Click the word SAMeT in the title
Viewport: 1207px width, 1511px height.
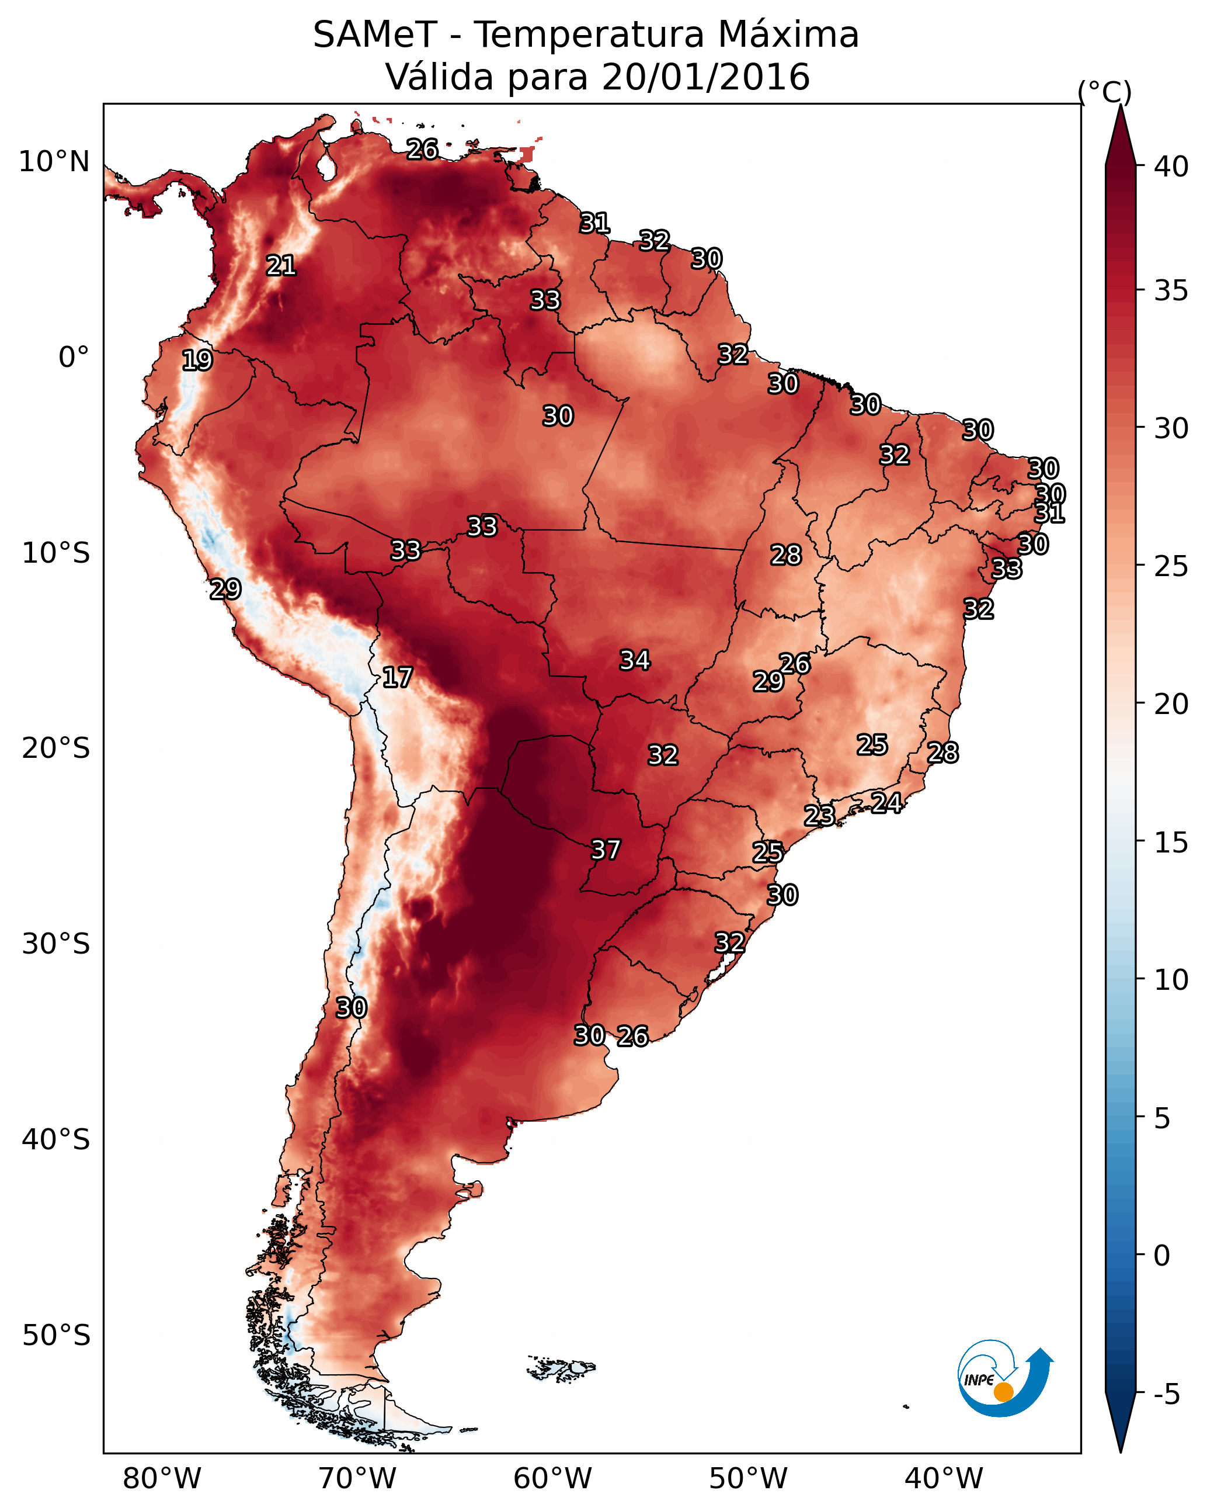[375, 35]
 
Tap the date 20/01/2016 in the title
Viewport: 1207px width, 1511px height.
[705, 77]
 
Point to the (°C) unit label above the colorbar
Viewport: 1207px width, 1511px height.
[1105, 92]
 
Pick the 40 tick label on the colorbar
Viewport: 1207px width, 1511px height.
[1171, 167]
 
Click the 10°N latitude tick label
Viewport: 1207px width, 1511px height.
[54, 162]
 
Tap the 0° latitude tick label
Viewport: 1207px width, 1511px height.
[74, 358]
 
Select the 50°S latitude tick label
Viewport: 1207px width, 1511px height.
[56, 1336]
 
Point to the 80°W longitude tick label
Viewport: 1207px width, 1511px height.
[162, 1479]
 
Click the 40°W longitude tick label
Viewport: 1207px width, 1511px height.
[944, 1479]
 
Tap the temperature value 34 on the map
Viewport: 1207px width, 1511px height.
[635, 660]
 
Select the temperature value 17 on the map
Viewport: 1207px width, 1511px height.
[397, 677]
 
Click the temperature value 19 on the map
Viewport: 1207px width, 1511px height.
[197, 361]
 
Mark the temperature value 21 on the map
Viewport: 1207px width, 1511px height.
[281, 266]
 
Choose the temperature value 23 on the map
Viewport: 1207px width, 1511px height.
[819, 815]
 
